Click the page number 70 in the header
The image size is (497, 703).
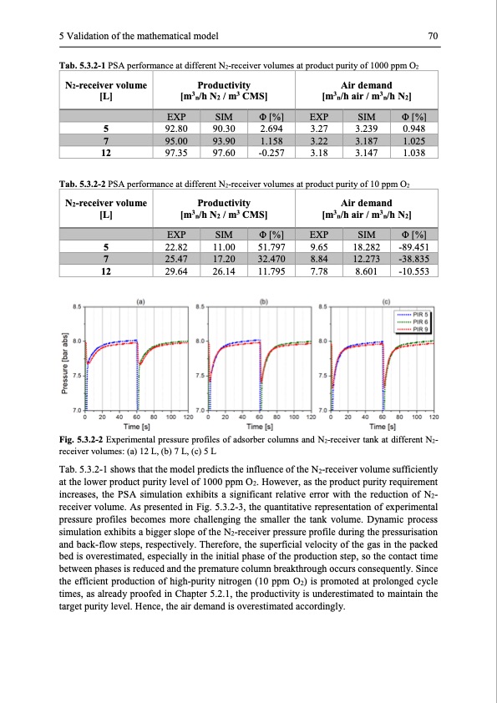click(433, 35)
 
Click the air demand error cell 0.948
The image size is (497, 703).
click(414, 129)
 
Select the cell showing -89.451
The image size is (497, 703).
click(414, 247)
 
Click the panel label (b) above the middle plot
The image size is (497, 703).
click(264, 301)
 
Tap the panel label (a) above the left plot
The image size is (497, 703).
click(140, 301)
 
